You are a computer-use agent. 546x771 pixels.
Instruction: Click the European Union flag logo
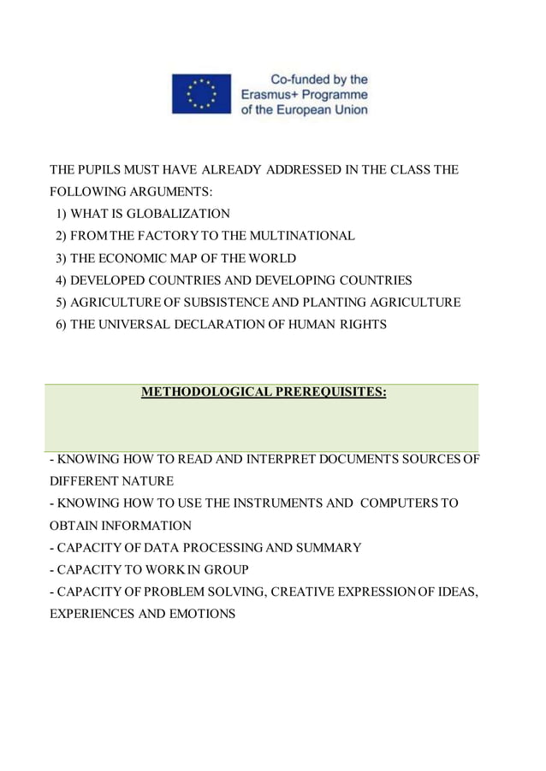coord(202,94)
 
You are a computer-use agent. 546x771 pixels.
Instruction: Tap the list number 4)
coord(61,280)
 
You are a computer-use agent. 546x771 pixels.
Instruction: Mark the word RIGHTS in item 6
coord(363,325)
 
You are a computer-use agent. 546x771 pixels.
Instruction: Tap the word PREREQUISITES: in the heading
coord(329,392)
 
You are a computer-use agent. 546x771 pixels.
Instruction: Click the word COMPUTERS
coord(400,503)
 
